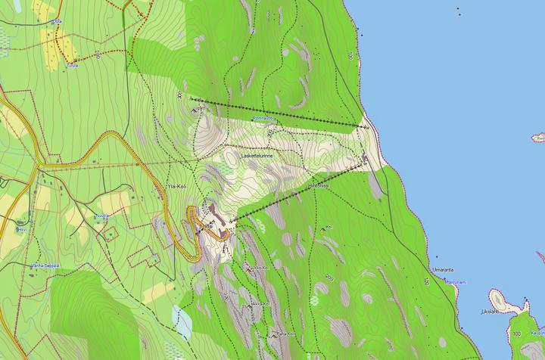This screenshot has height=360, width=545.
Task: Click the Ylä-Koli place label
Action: coord(176,186)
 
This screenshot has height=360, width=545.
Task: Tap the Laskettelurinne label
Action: coord(256,156)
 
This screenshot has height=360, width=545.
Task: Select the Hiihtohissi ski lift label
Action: coord(319,185)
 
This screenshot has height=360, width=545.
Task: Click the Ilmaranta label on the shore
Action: coord(443,269)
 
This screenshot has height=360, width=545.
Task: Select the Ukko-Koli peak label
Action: coord(258,268)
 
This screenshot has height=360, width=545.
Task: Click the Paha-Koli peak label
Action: coord(284,334)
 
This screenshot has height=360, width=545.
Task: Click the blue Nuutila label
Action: coord(101,216)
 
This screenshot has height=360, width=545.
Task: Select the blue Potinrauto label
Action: coord(263,119)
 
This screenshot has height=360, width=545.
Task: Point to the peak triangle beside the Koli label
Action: coord(323,228)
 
